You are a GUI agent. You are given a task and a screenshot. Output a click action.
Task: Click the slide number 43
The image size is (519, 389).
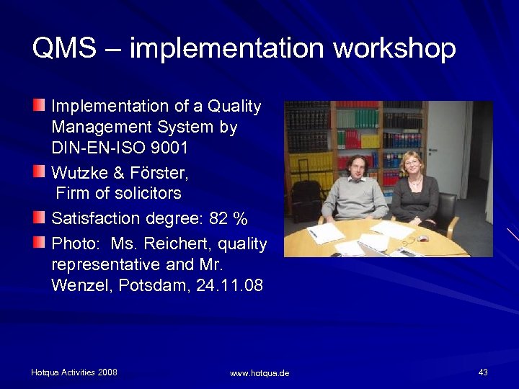[x=483, y=372]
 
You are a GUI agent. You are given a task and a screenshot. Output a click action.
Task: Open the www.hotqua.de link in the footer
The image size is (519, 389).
[x=259, y=373]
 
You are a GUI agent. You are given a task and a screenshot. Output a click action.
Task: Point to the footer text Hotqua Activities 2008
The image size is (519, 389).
[x=74, y=372]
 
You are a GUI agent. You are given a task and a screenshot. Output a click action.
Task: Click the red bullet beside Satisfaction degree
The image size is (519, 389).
[x=39, y=216]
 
